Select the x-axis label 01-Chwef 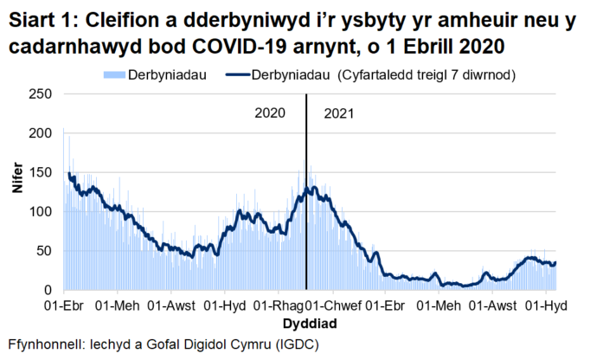point(332,306)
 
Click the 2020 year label point(270,113)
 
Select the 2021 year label point(339,113)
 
